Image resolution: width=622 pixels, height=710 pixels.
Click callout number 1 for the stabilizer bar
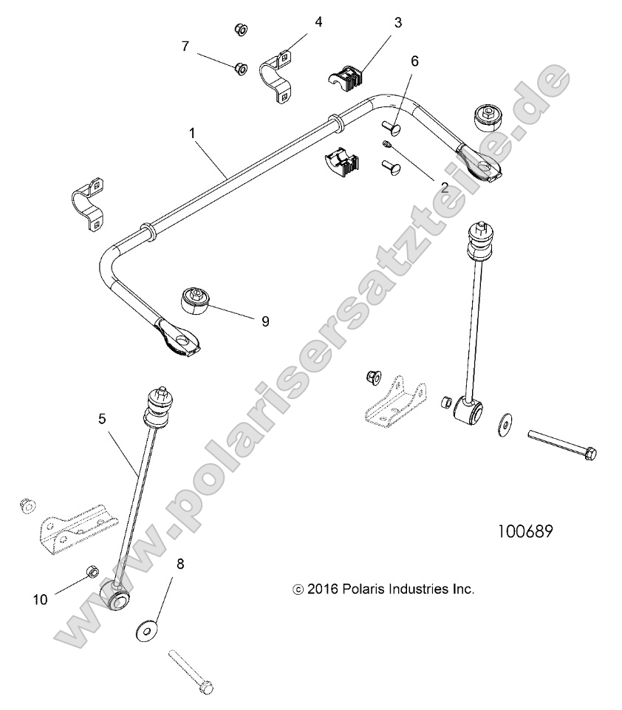point(192,134)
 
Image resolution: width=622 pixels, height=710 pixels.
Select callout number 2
point(445,188)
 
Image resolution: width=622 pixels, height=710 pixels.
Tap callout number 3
point(397,23)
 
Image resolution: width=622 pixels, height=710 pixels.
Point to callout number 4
point(318,21)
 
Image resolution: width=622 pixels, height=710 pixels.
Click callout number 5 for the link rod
point(102,418)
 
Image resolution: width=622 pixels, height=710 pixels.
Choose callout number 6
point(414,61)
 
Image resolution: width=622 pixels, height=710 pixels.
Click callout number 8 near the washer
point(180,564)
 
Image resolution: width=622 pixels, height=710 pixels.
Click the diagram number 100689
point(525,532)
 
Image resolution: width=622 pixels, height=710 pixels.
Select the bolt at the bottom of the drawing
point(190,671)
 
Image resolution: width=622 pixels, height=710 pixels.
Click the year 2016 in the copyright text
point(321,590)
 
